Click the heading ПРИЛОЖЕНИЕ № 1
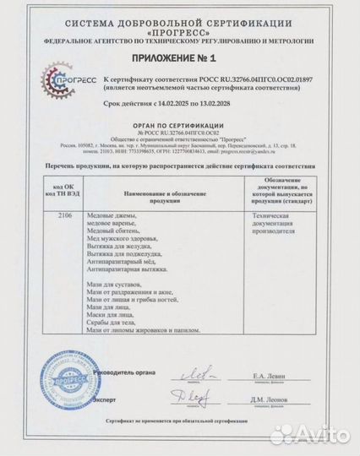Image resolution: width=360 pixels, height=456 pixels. (x=179, y=59)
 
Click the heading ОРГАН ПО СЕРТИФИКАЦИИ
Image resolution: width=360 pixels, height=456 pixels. (x=179, y=123)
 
